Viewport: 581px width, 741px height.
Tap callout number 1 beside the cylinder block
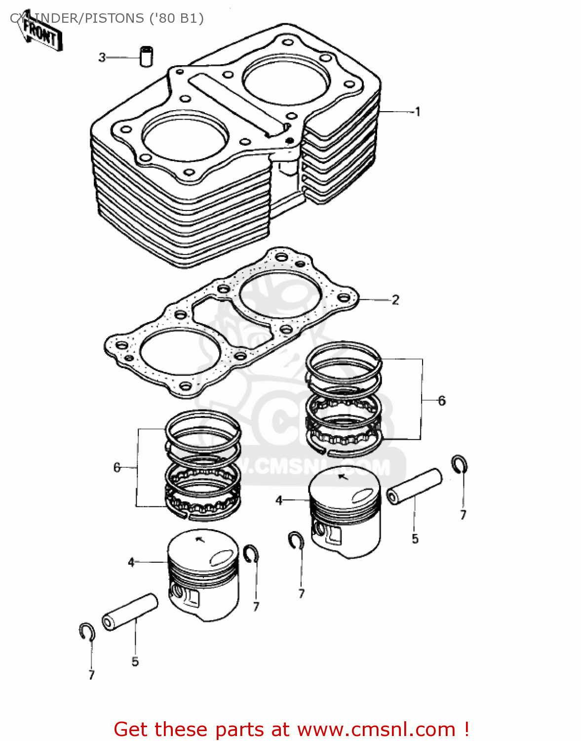point(418,112)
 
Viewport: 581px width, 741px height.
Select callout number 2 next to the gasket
point(395,300)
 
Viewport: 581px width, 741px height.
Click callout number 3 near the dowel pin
point(102,57)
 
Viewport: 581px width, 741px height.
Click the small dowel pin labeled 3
point(146,56)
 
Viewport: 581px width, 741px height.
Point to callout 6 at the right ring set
point(442,401)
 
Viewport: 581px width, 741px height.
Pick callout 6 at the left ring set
point(117,467)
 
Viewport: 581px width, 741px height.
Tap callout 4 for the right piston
point(279,500)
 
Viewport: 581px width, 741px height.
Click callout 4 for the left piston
point(131,562)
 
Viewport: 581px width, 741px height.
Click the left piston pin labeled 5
point(130,612)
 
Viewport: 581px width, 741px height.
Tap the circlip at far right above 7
point(460,464)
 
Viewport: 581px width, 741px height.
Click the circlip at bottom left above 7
point(87,632)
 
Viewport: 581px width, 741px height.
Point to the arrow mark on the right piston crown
point(342,477)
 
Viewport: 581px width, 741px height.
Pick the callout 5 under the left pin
point(135,662)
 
